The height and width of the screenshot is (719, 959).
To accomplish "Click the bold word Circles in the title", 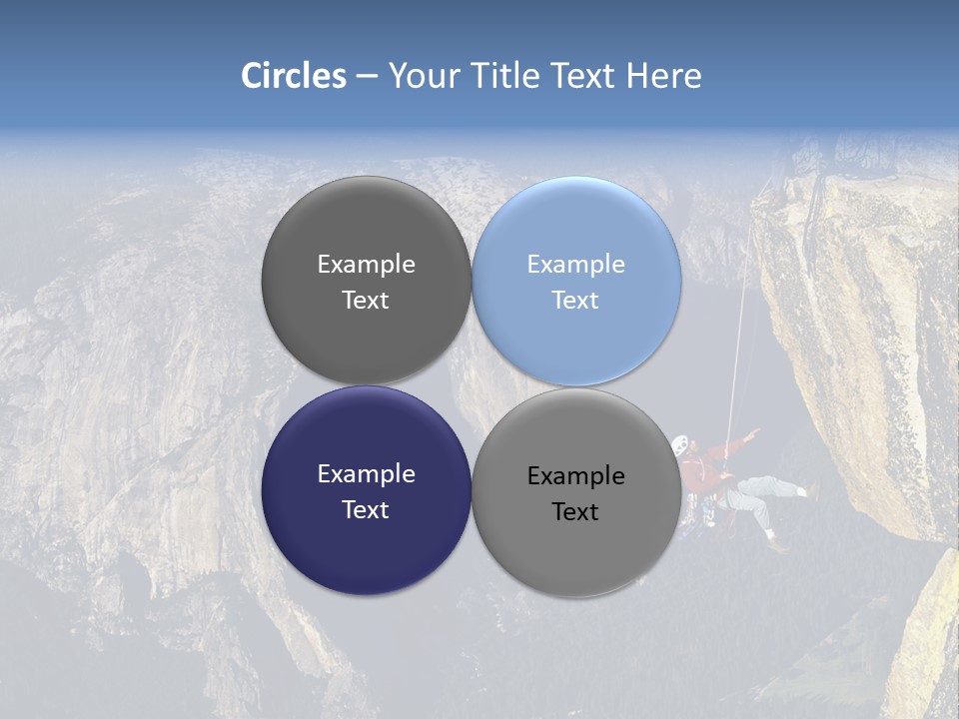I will (x=294, y=76).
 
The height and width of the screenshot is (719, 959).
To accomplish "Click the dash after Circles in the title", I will (x=367, y=77).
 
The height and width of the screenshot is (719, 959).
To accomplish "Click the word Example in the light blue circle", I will (x=575, y=265).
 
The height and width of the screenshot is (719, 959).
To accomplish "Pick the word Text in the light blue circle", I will (x=575, y=301).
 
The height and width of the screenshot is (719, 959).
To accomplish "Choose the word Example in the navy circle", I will (x=366, y=474).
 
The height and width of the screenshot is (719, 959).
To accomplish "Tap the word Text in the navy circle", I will (x=366, y=510).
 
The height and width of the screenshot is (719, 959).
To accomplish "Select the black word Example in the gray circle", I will (x=575, y=476).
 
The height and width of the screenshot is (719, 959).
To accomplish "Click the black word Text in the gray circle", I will (x=575, y=512).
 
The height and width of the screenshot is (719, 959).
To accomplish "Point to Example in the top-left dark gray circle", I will (x=366, y=265).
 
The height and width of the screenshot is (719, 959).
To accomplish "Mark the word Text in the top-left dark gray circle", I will (x=366, y=301).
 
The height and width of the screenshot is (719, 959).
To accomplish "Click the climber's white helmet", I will (x=680, y=444).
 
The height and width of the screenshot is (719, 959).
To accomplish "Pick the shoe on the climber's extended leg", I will (x=812, y=491).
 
